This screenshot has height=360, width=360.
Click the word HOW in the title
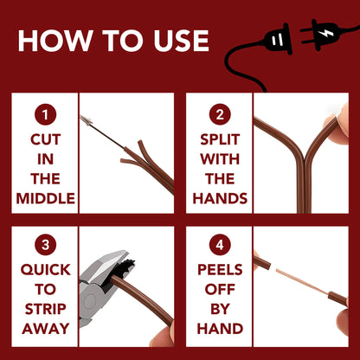[x=55, y=41]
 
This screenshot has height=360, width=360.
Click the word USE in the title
[x=181, y=41]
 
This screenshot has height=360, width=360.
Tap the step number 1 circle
[x=45, y=114]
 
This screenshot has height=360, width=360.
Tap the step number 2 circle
[x=220, y=114]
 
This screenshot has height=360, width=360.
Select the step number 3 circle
[x=45, y=245]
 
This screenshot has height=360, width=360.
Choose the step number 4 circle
[x=220, y=245]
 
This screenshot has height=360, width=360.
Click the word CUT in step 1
[x=45, y=139]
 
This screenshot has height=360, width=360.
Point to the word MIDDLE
[x=45, y=198]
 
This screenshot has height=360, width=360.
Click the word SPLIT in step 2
[x=220, y=139]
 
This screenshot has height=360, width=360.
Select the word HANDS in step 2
[x=220, y=198]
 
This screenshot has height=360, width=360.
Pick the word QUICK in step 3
[x=45, y=270]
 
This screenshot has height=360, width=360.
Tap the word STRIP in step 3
[x=45, y=309]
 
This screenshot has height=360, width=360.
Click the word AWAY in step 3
[x=45, y=329]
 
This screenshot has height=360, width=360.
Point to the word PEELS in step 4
[x=220, y=270]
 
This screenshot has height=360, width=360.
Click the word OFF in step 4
[x=220, y=289]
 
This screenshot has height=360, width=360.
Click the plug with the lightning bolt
[x=322, y=34]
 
